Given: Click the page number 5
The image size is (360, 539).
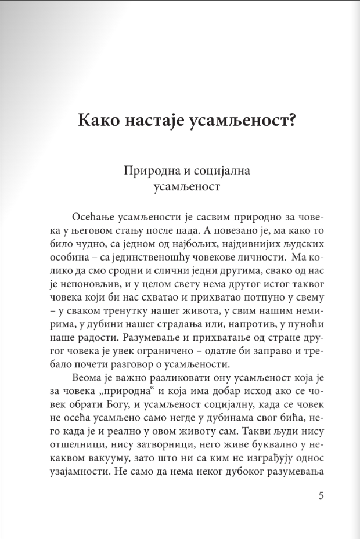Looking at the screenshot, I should (x=322, y=496).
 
